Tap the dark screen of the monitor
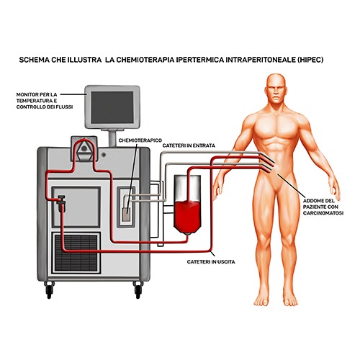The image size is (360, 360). pyautogui.click(x=112, y=107)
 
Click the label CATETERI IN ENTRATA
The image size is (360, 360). pyautogui.click(x=189, y=145)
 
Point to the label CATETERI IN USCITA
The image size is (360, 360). pyautogui.click(x=211, y=261)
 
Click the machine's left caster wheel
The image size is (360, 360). pyautogui.click(x=49, y=291)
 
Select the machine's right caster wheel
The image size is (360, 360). pyautogui.click(x=138, y=291)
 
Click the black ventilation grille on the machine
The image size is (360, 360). pyautogui.click(x=76, y=252)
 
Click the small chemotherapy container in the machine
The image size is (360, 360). pyautogui.click(x=126, y=214)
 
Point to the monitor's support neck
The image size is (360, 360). pyautogui.click(x=112, y=139)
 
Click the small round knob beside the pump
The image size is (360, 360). pyautogui.click(x=104, y=155)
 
